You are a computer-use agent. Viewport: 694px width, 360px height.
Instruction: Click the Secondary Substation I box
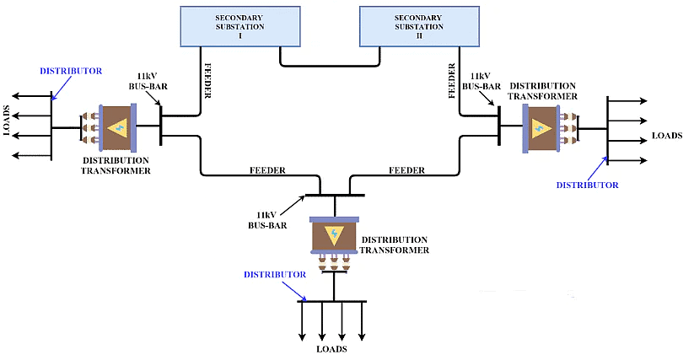[x=240, y=25]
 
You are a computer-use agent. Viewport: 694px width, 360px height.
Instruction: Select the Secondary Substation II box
[x=419, y=25]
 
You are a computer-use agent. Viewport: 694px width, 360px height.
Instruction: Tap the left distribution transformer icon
[x=116, y=128]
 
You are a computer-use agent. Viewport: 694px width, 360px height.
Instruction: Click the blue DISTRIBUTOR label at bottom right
[x=588, y=184]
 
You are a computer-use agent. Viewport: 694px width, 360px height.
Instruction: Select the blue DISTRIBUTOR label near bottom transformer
[x=274, y=275]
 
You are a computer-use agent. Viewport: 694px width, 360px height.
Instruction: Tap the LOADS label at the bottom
[x=331, y=349]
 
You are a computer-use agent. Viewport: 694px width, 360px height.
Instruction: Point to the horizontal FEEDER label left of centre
[x=267, y=170]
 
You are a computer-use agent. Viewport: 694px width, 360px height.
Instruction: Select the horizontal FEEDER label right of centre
[x=406, y=170]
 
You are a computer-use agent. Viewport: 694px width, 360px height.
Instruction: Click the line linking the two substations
[x=330, y=65]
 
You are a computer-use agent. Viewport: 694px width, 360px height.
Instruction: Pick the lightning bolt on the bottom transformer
[x=336, y=235]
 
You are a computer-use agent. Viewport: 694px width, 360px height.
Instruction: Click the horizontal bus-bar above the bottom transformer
[x=335, y=194]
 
